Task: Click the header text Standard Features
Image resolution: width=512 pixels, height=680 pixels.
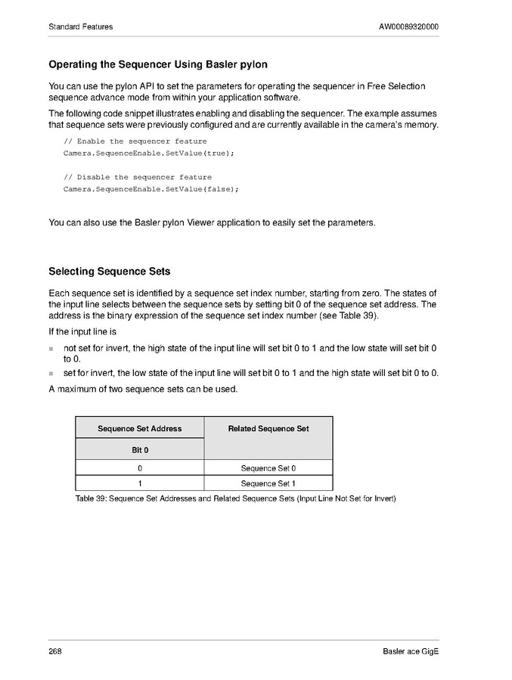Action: click(x=80, y=27)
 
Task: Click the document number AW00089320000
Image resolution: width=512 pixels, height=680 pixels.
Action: click(x=408, y=27)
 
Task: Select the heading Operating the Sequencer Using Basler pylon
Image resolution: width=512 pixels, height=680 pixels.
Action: click(x=157, y=64)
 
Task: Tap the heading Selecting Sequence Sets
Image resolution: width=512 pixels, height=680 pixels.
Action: click(x=109, y=272)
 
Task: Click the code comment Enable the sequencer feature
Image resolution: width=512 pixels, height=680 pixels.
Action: click(x=135, y=141)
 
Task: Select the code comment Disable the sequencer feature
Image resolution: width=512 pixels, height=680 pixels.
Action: click(x=138, y=177)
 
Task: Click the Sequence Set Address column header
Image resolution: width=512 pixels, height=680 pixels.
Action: click(x=139, y=428)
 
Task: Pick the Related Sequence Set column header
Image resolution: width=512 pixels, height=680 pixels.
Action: click(x=268, y=428)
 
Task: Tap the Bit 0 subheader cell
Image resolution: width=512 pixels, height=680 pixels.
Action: click(x=139, y=450)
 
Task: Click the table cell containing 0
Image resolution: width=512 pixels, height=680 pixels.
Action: click(x=139, y=468)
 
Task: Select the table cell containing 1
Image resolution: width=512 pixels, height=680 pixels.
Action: click(x=139, y=483)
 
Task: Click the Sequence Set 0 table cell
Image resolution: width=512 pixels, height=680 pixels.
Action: click(x=268, y=468)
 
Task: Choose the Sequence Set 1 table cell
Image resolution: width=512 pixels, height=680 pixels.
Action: click(x=268, y=483)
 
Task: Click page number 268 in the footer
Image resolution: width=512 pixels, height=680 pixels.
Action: click(x=55, y=652)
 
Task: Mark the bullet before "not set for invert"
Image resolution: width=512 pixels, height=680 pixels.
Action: click(x=51, y=349)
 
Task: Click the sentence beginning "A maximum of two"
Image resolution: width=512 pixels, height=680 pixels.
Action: click(x=143, y=389)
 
